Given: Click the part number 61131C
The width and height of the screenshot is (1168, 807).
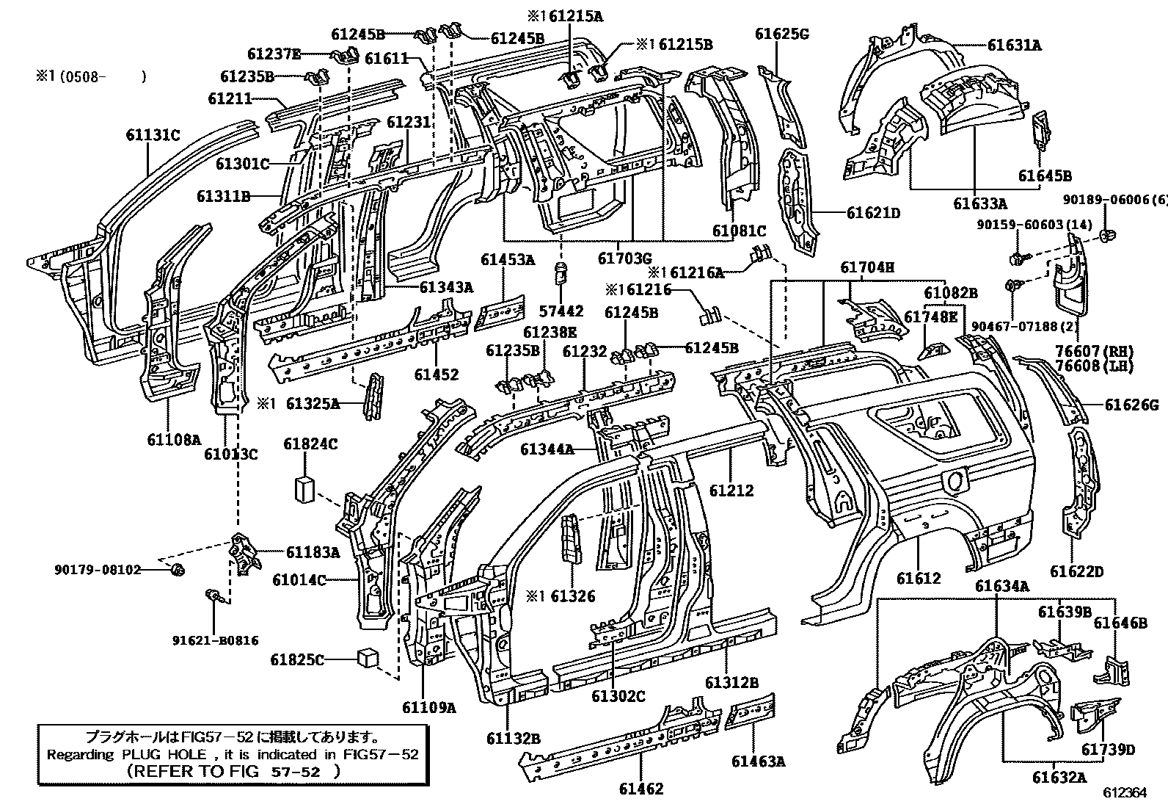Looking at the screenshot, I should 152,135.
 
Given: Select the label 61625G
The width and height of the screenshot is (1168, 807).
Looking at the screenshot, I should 782,35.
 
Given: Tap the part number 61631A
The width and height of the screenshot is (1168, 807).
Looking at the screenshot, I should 1014,45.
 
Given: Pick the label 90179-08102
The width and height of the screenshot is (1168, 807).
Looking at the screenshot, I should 97,569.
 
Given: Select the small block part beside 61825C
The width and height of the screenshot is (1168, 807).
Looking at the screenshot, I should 368,658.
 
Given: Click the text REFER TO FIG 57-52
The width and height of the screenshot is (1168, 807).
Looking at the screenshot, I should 233,771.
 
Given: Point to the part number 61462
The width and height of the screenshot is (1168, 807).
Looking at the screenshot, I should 640,789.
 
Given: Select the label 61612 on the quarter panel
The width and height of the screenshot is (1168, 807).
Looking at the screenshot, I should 918,579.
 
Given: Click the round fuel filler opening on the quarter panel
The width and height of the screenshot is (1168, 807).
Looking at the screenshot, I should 953,481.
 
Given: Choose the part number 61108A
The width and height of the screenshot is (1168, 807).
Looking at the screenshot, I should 173,440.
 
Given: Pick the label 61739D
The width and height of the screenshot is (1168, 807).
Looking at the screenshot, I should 1107,749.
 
